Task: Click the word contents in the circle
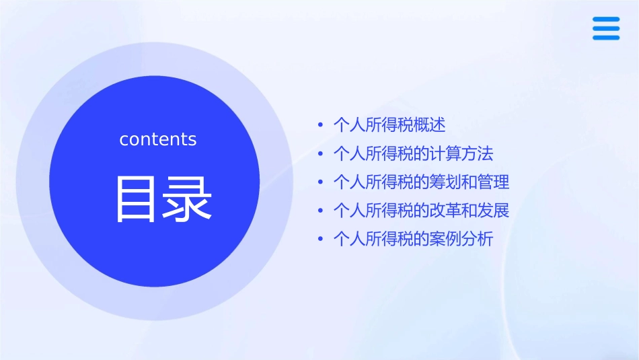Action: point(158,139)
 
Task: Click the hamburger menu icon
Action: point(605,28)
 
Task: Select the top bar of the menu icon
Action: point(605,20)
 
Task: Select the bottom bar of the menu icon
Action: point(605,38)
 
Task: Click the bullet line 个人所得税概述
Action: point(389,125)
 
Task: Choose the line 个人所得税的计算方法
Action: point(413,154)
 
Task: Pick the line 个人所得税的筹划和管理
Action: point(421,182)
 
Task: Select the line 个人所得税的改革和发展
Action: point(421,211)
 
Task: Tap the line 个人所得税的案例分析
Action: point(413,239)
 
